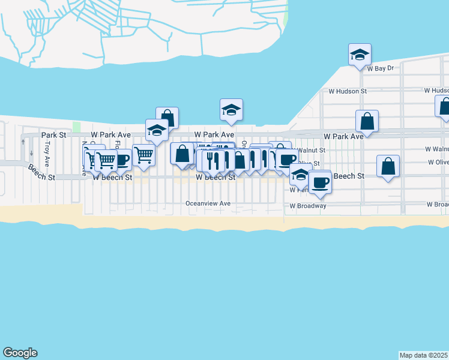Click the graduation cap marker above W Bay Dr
click(x=360, y=55)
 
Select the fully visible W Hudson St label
click(x=347, y=91)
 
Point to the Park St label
click(x=51, y=136)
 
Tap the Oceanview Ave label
click(x=208, y=203)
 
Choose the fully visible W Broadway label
click(x=308, y=206)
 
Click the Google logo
click(x=20, y=353)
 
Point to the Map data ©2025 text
click(x=423, y=355)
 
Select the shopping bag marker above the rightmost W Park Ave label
click(x=367, y=121)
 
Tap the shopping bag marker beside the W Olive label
click(x=388, y=166)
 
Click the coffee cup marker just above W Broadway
click(x=320, y=182)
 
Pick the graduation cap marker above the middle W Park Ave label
click(x=231, y=110)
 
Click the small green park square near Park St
click(x=76, y=127)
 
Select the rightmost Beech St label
click(x=349, y=176)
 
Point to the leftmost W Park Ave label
click(x=111, y=136)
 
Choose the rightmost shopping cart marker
click(x=144, y=155)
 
